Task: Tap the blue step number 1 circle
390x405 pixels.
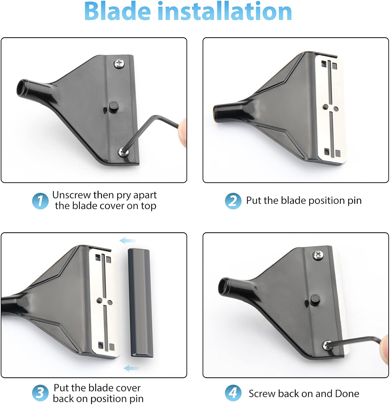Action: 40,201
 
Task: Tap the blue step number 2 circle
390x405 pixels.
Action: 233,201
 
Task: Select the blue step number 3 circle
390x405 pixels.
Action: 40,393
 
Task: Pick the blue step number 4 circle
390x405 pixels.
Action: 233,393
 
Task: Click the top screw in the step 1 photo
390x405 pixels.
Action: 119,64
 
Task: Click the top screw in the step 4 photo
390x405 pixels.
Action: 317,255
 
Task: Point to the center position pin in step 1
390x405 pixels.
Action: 113,106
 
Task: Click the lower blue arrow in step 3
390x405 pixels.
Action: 131,368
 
